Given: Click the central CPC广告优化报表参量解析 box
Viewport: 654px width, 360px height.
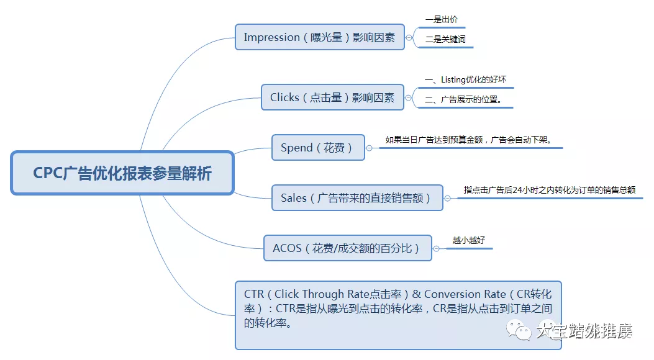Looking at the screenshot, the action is pyautogui.click(x=122, y=173).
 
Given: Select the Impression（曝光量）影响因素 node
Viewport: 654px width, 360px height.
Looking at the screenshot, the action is pyautogui.click(x=319, y=37).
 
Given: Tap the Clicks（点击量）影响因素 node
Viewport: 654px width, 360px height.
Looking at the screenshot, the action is pyautogui.click(x=332, y=97).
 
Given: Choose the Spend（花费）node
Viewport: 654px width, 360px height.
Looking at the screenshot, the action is pyautogui.click(x=317, y=148).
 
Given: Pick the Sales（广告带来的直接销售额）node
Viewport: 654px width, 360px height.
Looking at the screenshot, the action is pyautogui.click(x=357, y=198).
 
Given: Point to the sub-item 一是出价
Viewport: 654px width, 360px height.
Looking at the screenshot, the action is pyautogui.click(x=442, y=20).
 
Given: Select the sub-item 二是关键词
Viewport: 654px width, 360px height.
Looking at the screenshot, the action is pyautogui.click(x=445, y=40).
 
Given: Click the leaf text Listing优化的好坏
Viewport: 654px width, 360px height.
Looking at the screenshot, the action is pyautogui.click(x=468, y=80).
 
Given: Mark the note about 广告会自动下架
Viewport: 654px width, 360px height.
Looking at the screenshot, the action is pyautogui.click(x=468, y=140).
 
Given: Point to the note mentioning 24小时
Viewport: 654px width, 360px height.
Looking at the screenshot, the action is pyautogui.click(x=549, y=190).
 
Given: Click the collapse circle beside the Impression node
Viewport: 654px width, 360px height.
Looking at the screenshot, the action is pyautogui.click(x=409, y=38).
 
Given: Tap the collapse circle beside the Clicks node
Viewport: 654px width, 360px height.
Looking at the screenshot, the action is pyautogui.click(x=408, y=97).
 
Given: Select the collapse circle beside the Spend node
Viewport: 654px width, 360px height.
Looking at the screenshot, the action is pyautogui.click(x=369, y=148).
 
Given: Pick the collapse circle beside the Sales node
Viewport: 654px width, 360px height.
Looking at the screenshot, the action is pyautogui.click(x=447, y=198).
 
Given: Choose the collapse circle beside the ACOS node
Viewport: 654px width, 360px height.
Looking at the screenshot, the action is pyautogui.click(x=436, y=248).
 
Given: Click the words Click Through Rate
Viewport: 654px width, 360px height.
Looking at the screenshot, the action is pyautogui.click(x=322, y=294).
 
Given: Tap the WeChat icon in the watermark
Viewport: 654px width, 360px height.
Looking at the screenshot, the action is pyautogui.click(x=519, y=329).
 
